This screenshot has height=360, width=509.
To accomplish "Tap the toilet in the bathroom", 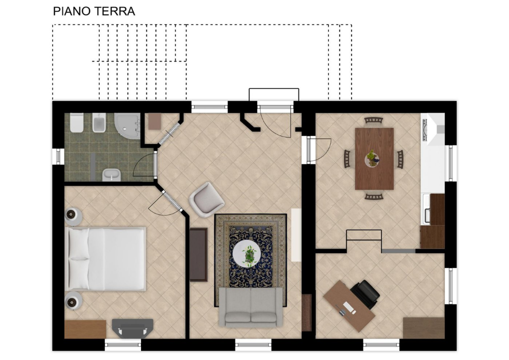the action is pyautogui.click(x=76, y=122).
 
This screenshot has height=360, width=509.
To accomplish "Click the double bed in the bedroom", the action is pyautogui.click(x=106, y=259).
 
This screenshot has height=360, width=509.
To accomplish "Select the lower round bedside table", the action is pyautogui.click(x=73, y=300).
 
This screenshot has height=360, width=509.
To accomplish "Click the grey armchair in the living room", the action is pyautogui.click(x=207, y=199).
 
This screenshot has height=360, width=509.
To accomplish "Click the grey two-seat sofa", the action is pyautogui.click(x=250, y=306).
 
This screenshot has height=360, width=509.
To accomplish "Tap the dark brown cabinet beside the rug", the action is pyautogui.click(x=198, y=254).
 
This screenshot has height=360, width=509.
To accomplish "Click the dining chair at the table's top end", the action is pyautogui.click(x=373, y=120).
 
